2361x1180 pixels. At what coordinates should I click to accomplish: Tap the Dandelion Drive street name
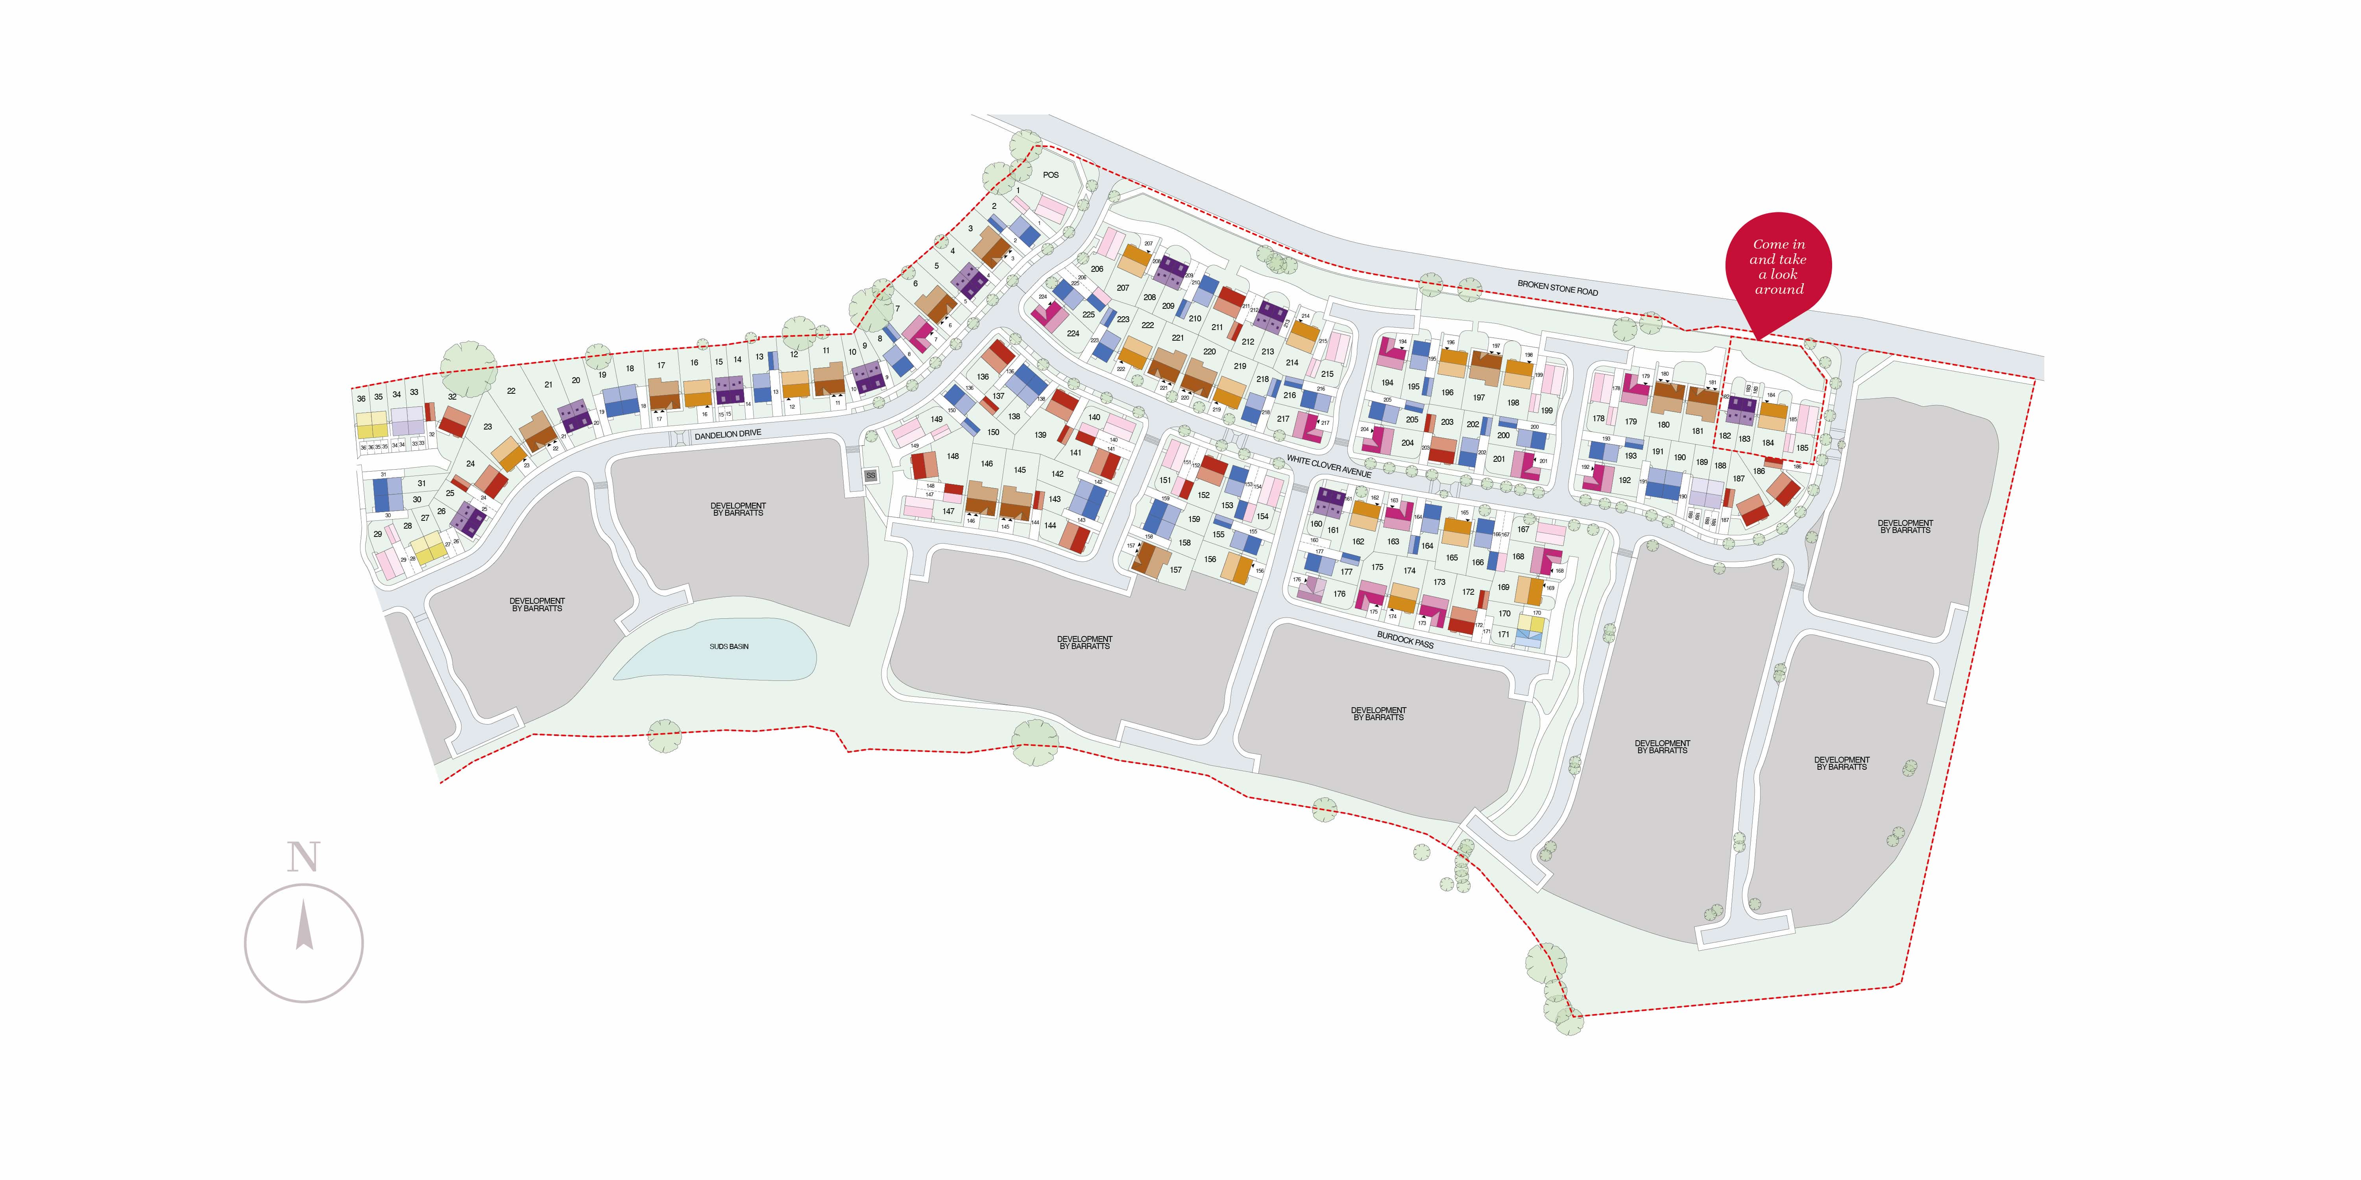[x=728, y=434]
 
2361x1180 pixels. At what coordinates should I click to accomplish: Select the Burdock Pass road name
[x=1405, y=638]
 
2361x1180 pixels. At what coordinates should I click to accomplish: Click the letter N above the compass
[x=303, y=857]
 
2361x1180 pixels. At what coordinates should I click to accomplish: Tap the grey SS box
[x=871, y=476]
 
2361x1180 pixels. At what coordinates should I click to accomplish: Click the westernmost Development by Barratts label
[x=537, y=605]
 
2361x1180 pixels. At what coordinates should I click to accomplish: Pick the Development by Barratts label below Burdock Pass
[x=1378, y=714]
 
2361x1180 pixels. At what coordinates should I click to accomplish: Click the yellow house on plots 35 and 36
[x=371, y=424]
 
